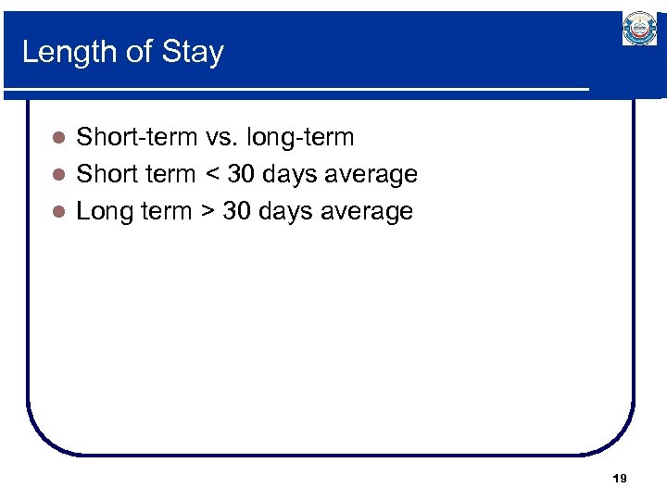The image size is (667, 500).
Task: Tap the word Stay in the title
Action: pyautogui.click(x=193, y=52)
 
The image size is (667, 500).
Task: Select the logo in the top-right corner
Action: pyautogui.click(x=639, y=29)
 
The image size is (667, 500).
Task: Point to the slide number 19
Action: pyautogui.click(x=620, y=479)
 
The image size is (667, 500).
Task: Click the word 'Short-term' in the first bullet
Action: pyautogui.click(x=135, y=138)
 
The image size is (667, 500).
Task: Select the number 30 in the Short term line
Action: pyautogui.click(x=243, y=174)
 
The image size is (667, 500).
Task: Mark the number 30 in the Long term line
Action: pyautogui.click(x=238, y=211)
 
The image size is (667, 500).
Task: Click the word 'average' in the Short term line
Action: pyautogui.click(x=371, y=174)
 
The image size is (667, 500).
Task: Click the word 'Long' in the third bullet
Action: pyautogui.click(x=105, y=211)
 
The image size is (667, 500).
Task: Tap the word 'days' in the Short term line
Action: pyautogui.click(x=291, y=174)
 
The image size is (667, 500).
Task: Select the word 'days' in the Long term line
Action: pyautogui.click(x=286, y=211)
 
